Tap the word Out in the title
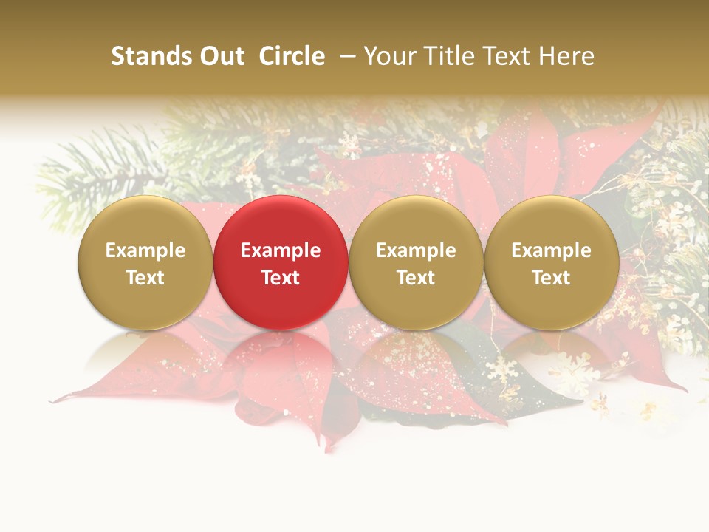(x=221, y=56)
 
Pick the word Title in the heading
(x=441, y=56)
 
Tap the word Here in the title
(x=563, y=56)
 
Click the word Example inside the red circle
(x=281, y=250)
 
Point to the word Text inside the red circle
(x=281, y=278)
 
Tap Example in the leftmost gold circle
(x=145, y=250)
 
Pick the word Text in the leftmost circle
(x=145, y=278)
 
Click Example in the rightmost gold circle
(x=551, y=250)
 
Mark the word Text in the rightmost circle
(x=551, y=278)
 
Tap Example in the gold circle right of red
(x=416, y=250)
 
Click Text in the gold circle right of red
(x=416, y=278)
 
